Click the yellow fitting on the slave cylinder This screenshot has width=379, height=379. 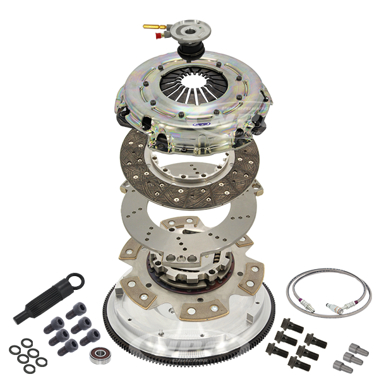tap(150, 27)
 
